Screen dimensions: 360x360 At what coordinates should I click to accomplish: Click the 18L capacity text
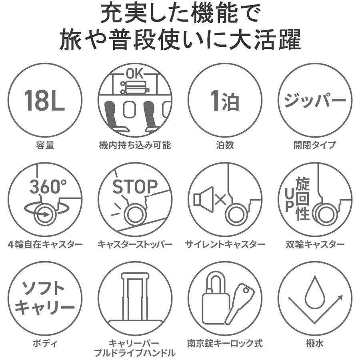pos(44,100)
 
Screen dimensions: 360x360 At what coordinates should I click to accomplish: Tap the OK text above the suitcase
pos(135,74)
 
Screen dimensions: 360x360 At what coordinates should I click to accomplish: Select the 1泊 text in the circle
pos(225,100)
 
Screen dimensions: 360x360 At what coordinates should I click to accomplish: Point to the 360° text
pos(48,186)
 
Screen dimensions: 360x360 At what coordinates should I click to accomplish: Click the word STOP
pos(135,186)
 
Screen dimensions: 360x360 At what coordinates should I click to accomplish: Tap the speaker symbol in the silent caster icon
pos(204,199)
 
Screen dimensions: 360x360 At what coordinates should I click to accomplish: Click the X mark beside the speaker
pos(221,199)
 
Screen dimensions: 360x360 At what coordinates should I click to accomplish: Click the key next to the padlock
pos(239,303)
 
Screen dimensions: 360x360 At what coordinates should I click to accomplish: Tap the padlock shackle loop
pos(215,284)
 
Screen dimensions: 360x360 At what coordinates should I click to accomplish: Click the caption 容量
pos(45,145)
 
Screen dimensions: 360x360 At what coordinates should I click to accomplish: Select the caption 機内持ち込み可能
pos(135,145)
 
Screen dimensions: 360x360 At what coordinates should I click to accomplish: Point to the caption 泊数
pos(225,145)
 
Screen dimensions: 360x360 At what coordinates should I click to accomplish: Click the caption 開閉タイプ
pos(315,145)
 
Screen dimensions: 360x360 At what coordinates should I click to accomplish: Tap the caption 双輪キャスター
pos(315,244)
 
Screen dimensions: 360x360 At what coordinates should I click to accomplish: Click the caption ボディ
pos(45,344)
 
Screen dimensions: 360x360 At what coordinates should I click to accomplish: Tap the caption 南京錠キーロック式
pos(225,344)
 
